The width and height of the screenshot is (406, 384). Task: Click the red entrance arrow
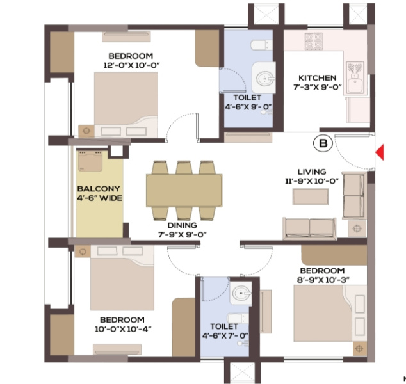(x=380, y=152)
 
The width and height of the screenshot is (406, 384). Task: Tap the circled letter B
(x=323, y=143)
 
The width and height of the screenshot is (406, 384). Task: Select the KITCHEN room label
(x=317, y=78)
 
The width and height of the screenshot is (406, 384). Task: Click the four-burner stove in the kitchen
(x=314, y=41)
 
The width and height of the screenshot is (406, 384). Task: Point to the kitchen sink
(x=355, y=77)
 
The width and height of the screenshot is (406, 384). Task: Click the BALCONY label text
(x=99, y=189)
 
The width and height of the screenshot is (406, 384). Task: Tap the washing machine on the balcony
(x=90, y=161)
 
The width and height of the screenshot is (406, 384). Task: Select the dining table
(x=184, y=191)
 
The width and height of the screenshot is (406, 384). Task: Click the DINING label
(x=182, y=225)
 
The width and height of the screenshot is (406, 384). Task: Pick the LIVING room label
(x=312, y=172)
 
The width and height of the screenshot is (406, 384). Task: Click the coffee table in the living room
(x=311, y=196)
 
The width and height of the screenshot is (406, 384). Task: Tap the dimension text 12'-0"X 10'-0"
(x=131, y=65)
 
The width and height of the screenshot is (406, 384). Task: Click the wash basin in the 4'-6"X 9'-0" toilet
(x=264, y=78)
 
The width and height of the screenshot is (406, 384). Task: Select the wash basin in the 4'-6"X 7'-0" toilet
(x=241, y=293)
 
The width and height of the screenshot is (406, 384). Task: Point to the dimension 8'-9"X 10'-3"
(x=323, y=280)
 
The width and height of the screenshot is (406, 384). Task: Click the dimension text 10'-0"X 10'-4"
(x=123, y=329)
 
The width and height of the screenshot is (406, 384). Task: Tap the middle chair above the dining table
(x=184, y=168)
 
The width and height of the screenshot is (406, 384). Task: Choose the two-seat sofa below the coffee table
(x=310, y=228)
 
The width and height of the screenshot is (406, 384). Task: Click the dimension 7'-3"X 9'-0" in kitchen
(x=318, y=87)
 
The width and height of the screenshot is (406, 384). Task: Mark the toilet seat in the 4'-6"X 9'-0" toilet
(x=261, y=45)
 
